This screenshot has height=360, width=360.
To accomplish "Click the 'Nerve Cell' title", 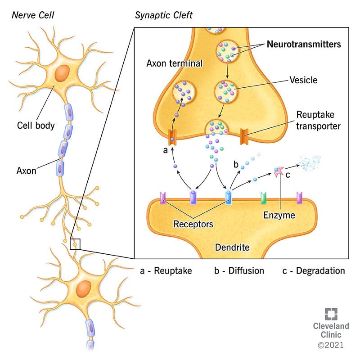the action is tap(33, 15).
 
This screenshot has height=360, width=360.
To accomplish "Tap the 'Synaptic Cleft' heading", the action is tap(163, 15).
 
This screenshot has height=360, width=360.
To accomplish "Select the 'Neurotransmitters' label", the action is tap(304, 44).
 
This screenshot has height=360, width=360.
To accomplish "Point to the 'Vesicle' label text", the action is tap(303, 80).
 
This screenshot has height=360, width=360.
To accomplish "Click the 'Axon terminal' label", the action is tap(175, 63).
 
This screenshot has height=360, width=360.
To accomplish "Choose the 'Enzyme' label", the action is tap(279, 215).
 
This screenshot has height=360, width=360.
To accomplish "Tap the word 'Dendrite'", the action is tap(232, 247).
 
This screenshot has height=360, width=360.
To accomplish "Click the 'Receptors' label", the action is tap(193, 224).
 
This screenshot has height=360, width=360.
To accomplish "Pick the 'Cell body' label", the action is tap(36, 126).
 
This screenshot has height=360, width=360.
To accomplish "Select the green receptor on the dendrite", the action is tap(264, 198).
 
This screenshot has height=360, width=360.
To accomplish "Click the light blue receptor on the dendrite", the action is tap(228, 198).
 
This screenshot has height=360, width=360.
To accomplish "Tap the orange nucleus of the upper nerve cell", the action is tap(62, 73).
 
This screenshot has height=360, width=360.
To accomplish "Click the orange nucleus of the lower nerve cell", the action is tap(84, 288).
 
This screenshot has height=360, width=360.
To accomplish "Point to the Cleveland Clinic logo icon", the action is tap(331, 314).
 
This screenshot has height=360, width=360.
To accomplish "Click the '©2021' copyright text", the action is tap(331, 345).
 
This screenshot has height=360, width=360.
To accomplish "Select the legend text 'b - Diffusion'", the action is tap(239, 271).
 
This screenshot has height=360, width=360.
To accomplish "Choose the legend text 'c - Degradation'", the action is tap(314, 271).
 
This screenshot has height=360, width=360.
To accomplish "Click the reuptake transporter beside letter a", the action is tap(172, 137).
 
